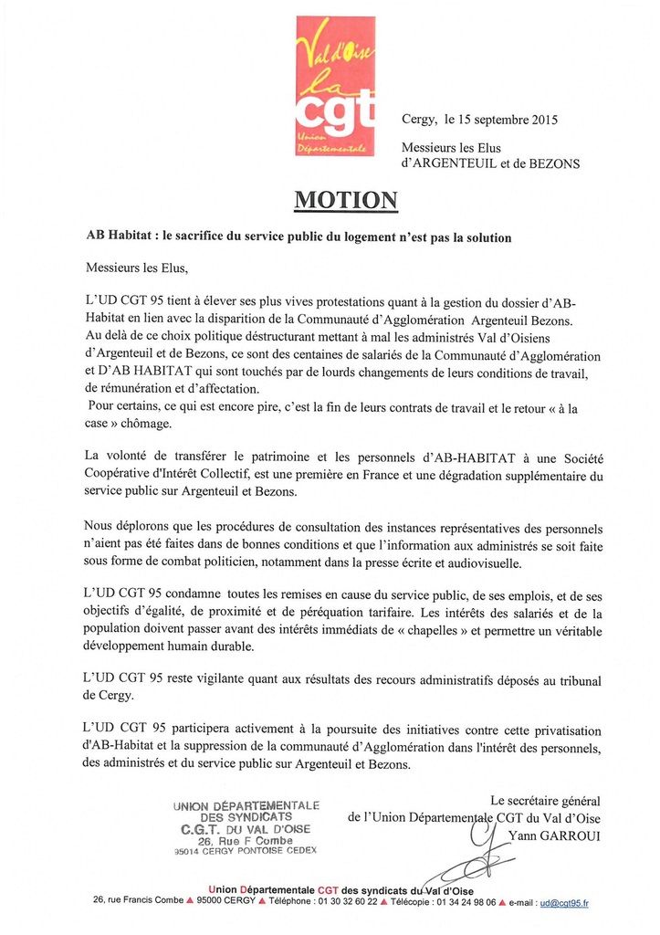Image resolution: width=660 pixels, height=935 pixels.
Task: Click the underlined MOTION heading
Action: (x=345, y=200)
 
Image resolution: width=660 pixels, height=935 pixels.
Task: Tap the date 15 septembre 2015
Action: (x=510, y=119)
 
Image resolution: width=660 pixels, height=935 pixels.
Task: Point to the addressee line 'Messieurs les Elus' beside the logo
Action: (x=451, y=148)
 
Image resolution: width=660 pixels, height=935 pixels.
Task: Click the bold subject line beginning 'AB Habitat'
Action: (x=299, y=237)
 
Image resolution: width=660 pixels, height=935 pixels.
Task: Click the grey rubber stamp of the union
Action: (x=246, y=827)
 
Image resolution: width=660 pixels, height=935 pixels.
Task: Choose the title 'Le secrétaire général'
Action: (x=545, y=801)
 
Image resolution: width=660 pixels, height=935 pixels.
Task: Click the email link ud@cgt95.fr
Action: (x=563, y=903)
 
